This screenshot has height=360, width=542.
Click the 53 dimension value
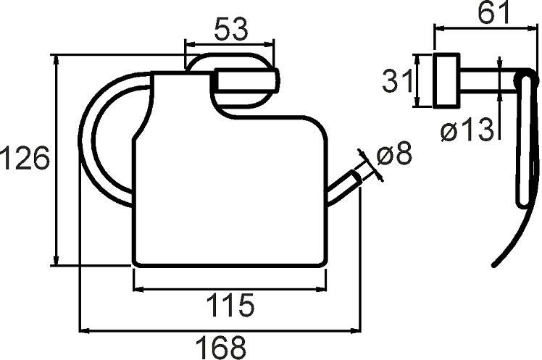(x=231, y=30)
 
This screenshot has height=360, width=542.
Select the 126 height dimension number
(x=25, y=157)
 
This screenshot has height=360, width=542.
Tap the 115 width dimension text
(x=230, y=305)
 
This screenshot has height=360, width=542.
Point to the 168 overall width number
(x=221, y=348)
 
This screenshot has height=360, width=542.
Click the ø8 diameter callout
(x=395, y=154)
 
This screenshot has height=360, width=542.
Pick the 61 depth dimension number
(x=494, y=12)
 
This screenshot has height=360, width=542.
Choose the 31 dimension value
(x=398, y=80)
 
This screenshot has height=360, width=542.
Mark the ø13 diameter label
(x=467, y=129)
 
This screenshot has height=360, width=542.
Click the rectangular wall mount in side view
(x=446, y=80)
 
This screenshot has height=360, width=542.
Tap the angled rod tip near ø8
(x=356, y=177)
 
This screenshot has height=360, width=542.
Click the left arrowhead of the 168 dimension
(x=85, y=330)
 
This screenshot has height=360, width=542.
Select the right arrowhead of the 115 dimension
(x=320, y=290)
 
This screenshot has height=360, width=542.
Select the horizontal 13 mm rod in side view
(x=488, y=80)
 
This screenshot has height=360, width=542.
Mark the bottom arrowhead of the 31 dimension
(x=417, y=101)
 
